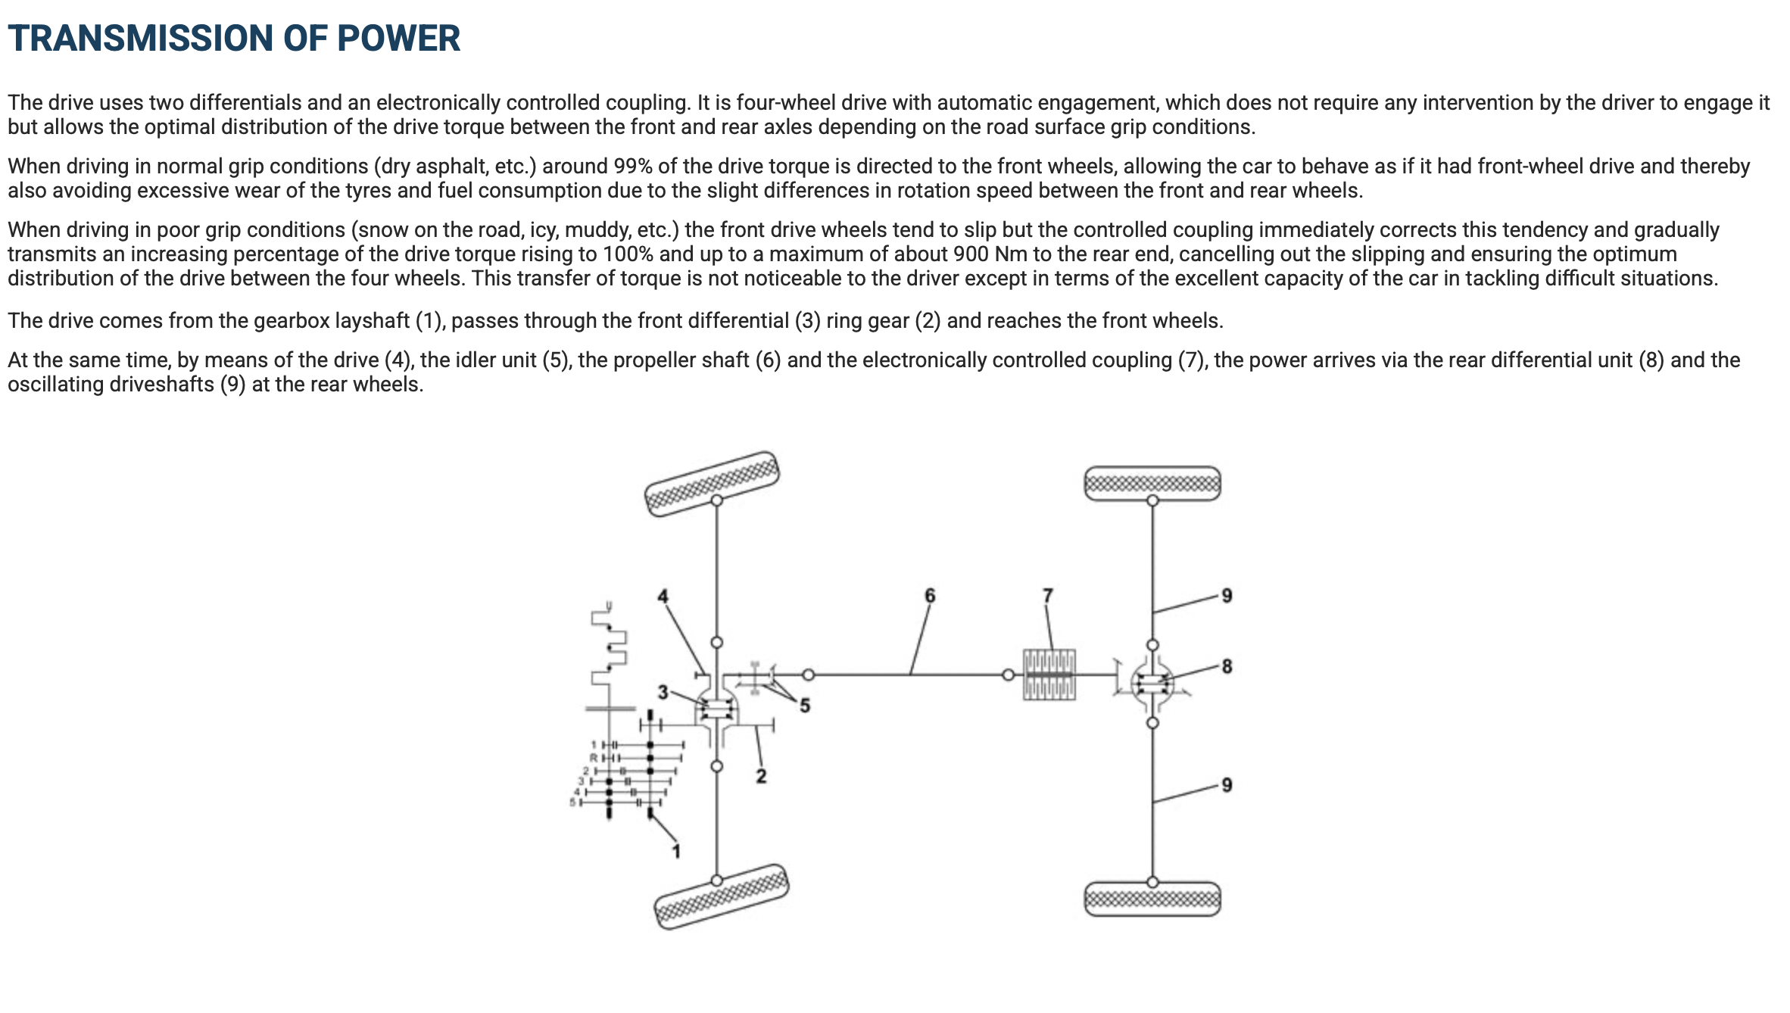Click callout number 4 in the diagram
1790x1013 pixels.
663,596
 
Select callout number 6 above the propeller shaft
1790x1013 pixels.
930,595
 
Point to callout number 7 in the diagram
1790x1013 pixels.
1048,595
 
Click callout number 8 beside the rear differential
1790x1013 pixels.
1227,666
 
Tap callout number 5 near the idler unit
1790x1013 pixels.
805,705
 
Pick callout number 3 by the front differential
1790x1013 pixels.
663,692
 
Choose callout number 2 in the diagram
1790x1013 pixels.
761,775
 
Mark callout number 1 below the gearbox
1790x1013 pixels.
676,851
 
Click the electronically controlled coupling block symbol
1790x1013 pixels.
1049,675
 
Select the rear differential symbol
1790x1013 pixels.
1152,684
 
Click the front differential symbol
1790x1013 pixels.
716,709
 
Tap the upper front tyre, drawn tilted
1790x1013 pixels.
712,485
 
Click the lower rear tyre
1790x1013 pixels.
1152,899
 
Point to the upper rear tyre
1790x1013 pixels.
1152,483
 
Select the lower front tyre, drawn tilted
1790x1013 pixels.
721,896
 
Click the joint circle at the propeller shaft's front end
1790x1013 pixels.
809,674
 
